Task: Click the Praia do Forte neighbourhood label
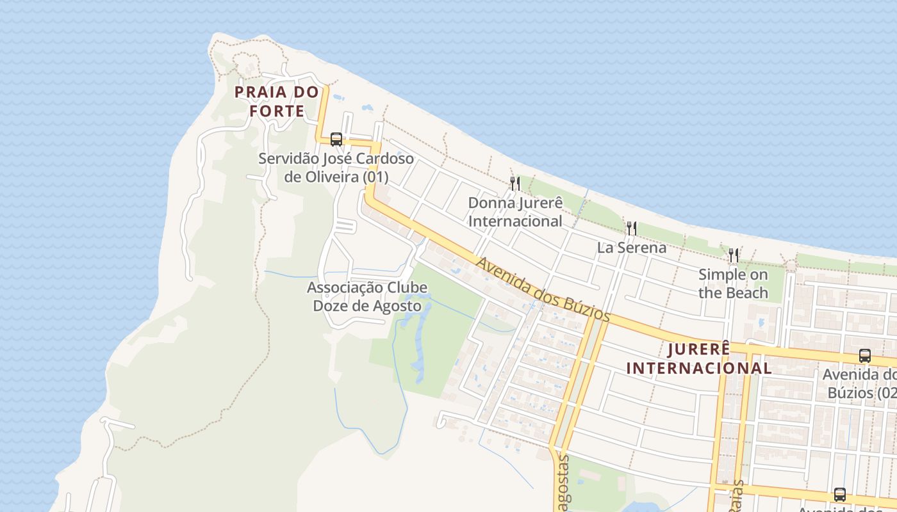click(x=276, y=101)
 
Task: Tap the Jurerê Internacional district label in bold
click(x=698, y=358)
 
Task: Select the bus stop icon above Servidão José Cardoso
click(x=336, y=139)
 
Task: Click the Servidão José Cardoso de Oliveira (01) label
click(x=336, y=167)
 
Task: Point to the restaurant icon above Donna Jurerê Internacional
click(x=514, y=184)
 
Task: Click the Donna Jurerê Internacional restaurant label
click(x=515, y=212)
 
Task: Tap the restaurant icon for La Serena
click(x=632, y=228)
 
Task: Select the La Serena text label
click(x=632, y=248)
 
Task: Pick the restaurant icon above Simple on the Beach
click(x=733, y=255)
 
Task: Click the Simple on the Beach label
click(x=733, y=284)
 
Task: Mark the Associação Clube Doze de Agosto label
click(x=367, y=296)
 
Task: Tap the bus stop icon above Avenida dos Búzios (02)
click(x=864, y=356)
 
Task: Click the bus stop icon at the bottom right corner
click(x=839, y=494)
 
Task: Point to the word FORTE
click(x=277, y=111)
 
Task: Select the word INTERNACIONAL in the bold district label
click(x=698, y=368)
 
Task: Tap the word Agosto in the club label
click(x=398, y=306)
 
